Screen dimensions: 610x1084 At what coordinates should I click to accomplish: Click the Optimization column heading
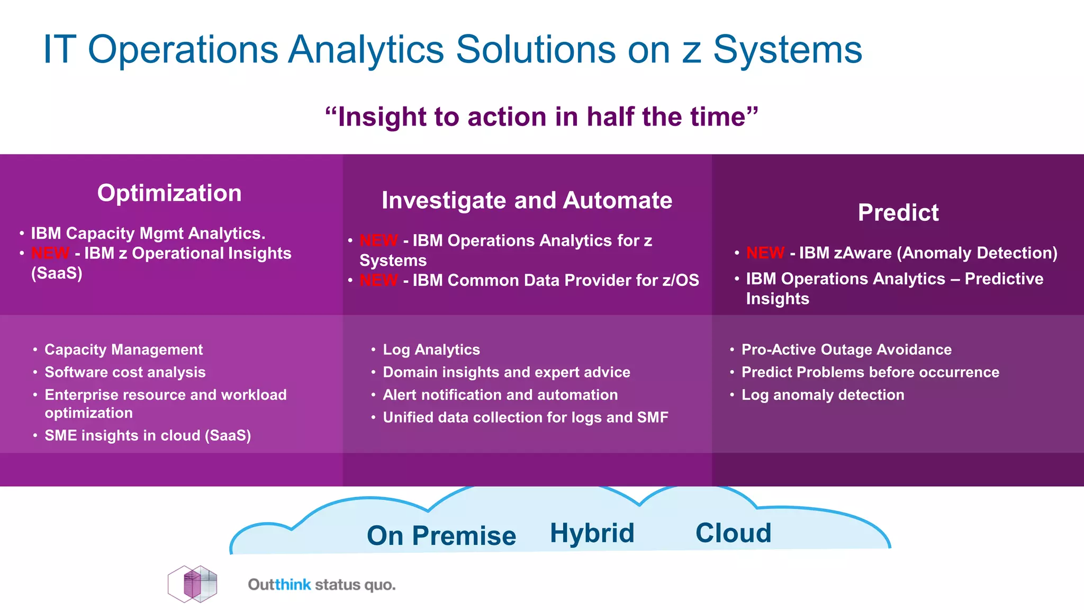tap(169, 193)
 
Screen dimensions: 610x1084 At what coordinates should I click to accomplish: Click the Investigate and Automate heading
tap(527, 201)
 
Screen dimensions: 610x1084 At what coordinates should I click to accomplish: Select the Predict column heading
tap(898, 213)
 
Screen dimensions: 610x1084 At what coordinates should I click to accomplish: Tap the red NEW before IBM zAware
tap(765, 253)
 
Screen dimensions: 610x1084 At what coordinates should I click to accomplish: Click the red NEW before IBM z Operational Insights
tap(50, 254)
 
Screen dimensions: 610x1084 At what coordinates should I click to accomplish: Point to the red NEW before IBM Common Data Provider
tap(378, 280)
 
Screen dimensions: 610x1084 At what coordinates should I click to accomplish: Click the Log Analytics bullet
tap(431, 349)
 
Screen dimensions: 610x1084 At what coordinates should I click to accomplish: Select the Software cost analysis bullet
tap(125, 372)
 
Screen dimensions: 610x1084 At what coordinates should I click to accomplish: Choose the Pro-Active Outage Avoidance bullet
tap(846, 349)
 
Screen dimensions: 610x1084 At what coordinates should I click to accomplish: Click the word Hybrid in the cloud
tap(592, 533)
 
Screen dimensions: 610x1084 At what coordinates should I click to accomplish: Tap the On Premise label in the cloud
tap(441, 535)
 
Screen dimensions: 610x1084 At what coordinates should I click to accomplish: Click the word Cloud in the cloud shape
tap(733, 533)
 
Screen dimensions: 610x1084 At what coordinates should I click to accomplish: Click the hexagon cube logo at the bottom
tap(193, 584)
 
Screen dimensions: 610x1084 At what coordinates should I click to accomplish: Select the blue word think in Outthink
tap(293, 585)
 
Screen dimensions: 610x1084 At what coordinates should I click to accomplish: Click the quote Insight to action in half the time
tap(541, 117)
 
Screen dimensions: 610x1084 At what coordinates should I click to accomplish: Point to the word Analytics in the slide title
tap(366, 50)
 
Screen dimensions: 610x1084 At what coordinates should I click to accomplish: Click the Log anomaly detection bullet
tap(822, 395)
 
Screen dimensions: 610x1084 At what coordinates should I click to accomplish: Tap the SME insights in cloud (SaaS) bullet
tap(148, 436)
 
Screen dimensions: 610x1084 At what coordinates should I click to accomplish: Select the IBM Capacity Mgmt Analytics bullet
tap(148, 234)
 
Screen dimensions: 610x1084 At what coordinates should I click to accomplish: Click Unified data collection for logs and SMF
tap(525, 418)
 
